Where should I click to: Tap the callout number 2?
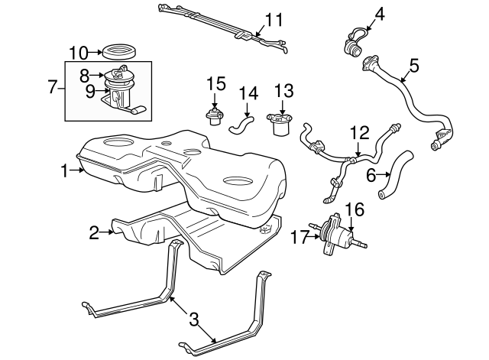coord(94,233)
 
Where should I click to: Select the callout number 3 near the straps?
coord(194,320)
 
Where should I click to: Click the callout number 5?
coord(413,66)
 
